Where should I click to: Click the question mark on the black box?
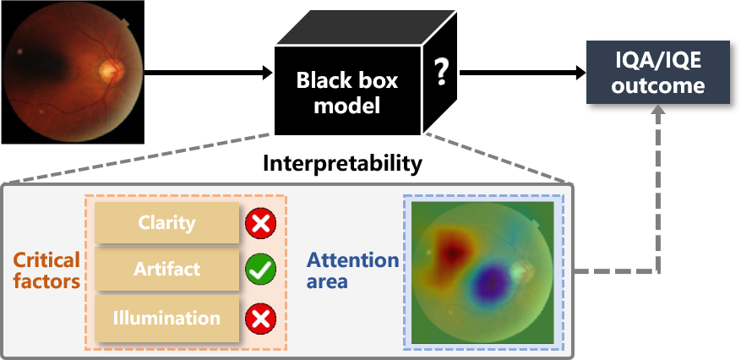440,75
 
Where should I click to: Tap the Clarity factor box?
166,223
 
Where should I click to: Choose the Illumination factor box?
166,319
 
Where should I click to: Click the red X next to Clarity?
260,223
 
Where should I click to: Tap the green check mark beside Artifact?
260,270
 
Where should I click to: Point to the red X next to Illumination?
260,319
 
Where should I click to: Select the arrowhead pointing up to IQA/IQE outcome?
658,113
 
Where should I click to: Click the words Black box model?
346,93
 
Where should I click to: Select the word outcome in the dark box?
658,86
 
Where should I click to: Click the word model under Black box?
346,106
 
